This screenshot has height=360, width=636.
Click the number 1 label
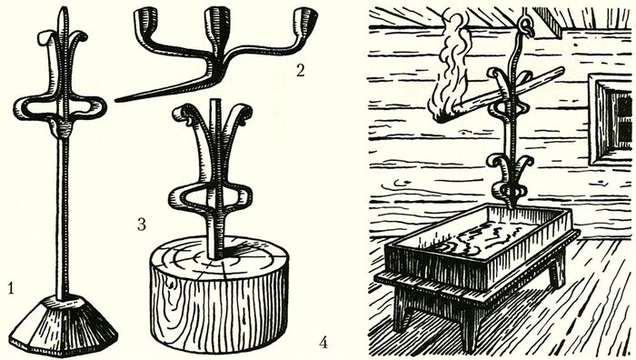11,288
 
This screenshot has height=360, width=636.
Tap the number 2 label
300,71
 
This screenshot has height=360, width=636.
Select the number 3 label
141,224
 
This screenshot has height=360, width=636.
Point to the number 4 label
323,344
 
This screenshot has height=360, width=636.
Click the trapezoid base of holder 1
64,325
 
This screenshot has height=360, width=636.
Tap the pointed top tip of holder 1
61,9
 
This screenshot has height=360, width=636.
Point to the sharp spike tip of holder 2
117,100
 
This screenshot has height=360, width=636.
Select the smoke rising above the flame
458,44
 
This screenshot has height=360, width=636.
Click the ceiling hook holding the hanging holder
527,25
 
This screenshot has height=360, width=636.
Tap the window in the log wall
611,118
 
